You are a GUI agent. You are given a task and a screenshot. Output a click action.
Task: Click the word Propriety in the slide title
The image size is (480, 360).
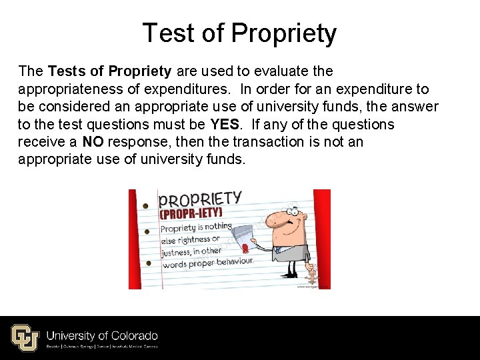coord(283,33)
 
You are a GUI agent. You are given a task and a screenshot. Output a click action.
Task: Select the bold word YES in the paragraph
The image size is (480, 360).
coord(225,125)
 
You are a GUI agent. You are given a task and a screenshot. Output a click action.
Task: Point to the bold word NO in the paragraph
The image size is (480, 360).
coord(93,142)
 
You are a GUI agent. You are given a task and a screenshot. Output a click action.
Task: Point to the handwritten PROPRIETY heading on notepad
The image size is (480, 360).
coord(200,199)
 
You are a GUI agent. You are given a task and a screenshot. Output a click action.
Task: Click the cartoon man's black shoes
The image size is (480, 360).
coord(291,273)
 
